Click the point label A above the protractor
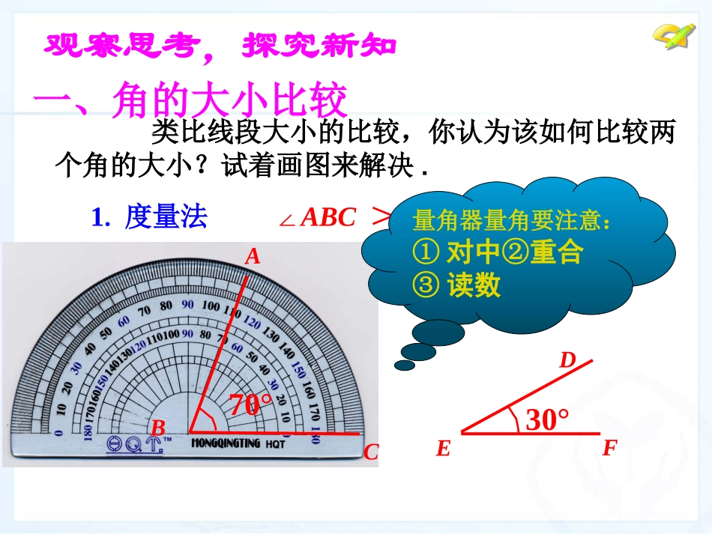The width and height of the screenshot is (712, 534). pyautogui.click(x=253, y=257)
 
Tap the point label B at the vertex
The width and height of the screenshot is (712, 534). pyautogui.click(x=158, y=428)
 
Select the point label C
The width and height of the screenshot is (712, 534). pyautogui.click(x=371, y=452)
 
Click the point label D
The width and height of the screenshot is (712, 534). pyautogui.click(x=567, y=361)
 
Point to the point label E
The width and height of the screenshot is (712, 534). pyautogui.click(x=443, y=449)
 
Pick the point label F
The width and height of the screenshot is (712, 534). pyautogui.click(x=609, y=449)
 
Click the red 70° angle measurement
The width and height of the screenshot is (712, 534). pyautogui.click(x=250, y=405)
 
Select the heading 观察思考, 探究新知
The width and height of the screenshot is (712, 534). pyautogui.click(x=220, y=46)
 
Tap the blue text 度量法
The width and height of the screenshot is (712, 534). pyautogui.click(x=166, y=217)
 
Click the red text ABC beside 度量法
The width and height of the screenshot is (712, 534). pyautogui.click(x=328, y=217)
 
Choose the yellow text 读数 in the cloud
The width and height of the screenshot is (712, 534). pyautogui.click(x=474, y=285)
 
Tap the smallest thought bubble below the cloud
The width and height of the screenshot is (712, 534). pyautogui.click(x=404, y=365)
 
